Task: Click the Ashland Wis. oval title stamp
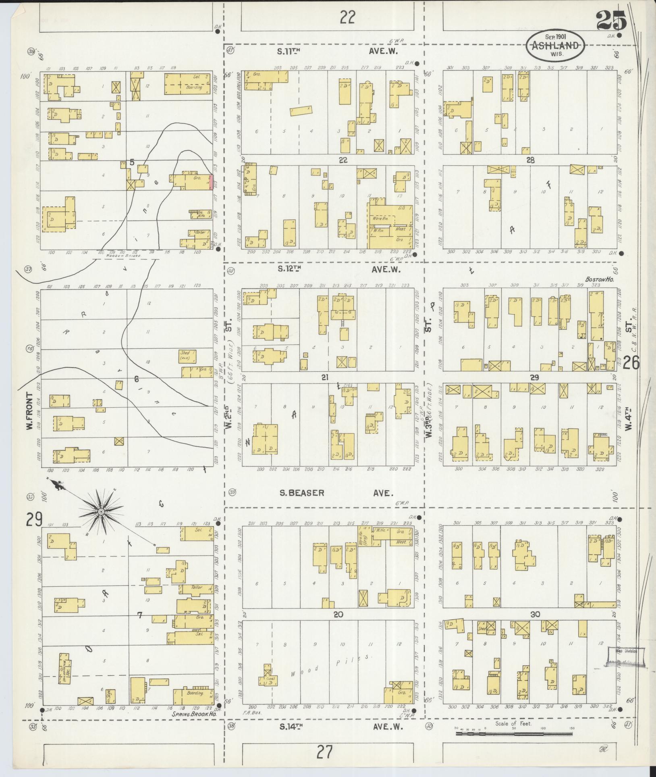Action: (x=556, y=46)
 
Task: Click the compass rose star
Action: (x=101, y=512)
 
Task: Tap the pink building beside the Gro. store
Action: (x=211, y=182)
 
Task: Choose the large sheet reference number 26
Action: (x=631, y=364)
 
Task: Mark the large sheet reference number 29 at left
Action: (x=34, y=520)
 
